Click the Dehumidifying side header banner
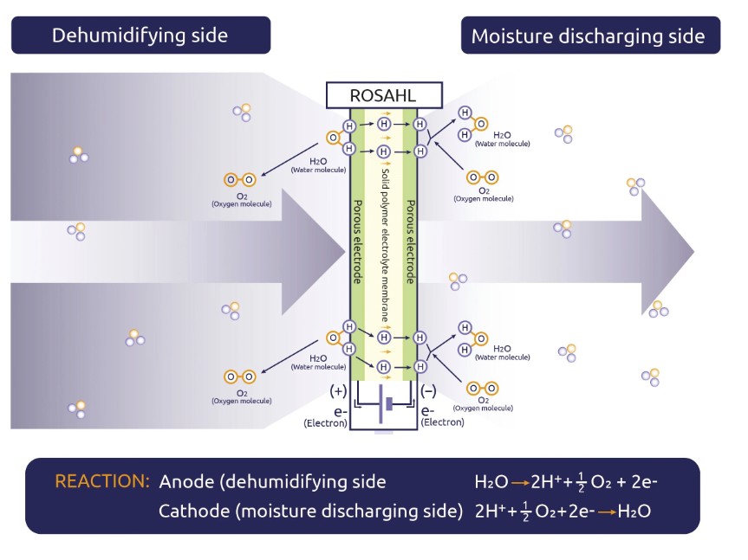pos(140,35)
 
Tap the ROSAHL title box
pos(383,96)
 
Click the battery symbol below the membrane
pos(383,404)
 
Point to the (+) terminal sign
pos(338,390)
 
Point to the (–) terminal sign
pos(428,390)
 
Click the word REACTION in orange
pos(102,481)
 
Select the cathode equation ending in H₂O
pos(563,512)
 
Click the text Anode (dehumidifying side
pos(272,482)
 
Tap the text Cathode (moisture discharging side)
pos(310,512)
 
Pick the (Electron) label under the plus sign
pos(325,423)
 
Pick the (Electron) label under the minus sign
pos(442,422)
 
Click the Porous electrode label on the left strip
pos(357,242)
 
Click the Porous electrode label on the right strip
pos(411,242)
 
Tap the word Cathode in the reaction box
pos(192,512)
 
